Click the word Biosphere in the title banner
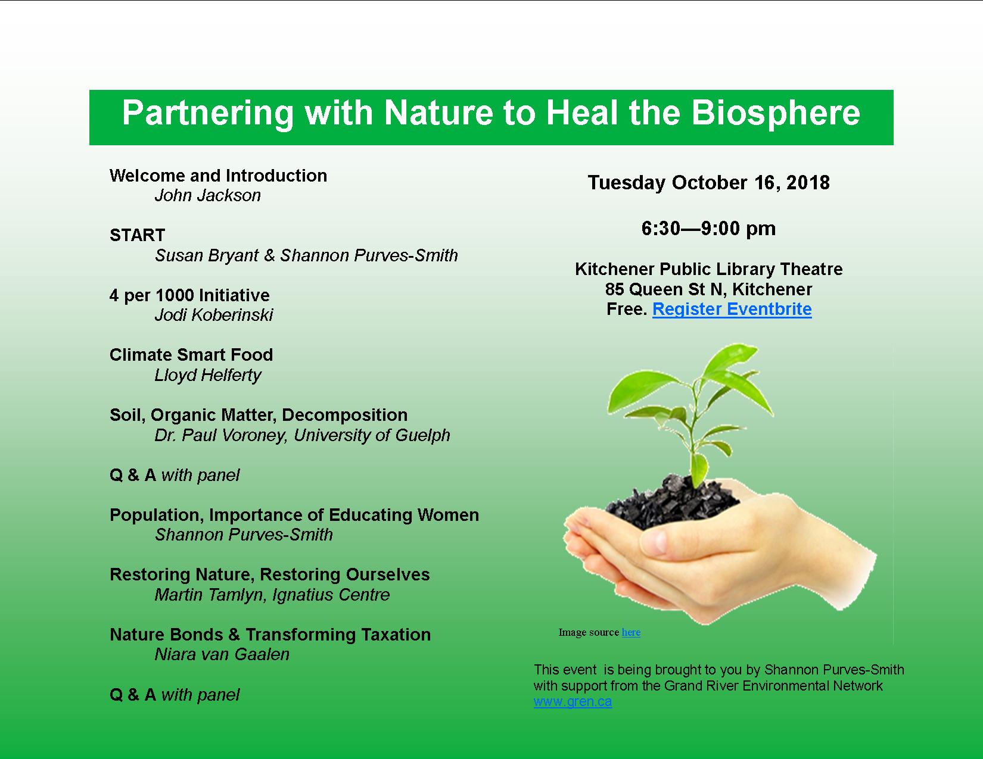tap(775, 113)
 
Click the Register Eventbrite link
tap(732, 309)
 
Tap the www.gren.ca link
tap(573, 702)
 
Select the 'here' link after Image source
tap(631, 632)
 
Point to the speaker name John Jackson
tap(208, 195)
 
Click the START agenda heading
tap(137, 235)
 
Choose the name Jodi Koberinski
tap(213, 315)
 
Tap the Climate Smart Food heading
tap(191, 355)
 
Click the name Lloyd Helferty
tap(208, 375)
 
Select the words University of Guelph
tap(372, 435)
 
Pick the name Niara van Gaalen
tap(222, 654)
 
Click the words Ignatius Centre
tap(331, 595)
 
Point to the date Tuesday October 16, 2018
tap(708, 183)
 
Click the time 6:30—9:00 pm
tap(708, 228)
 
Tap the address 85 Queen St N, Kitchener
tap(708, 289)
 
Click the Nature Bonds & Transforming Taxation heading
tap(270, 635)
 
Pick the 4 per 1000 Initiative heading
tap(189, 295)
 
